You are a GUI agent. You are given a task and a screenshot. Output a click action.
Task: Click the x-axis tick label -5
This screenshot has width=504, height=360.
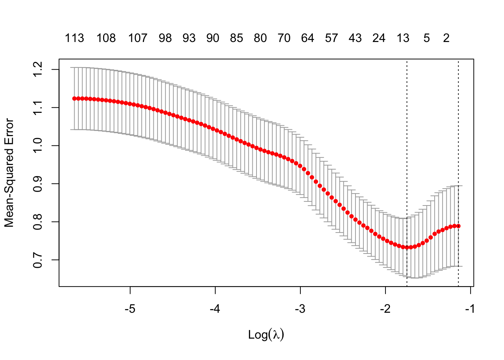click(x=130, y=309)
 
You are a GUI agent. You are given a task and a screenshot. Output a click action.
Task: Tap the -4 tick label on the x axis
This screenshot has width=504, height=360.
click(x=215, y=309)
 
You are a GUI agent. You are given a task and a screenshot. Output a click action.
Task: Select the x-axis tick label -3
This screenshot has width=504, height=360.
click(x=300, y=309)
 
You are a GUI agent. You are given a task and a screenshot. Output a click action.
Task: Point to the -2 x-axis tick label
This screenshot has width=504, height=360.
click(x=385, y=309)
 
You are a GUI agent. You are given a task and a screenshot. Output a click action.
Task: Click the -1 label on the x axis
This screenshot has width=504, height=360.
click(x=470, y=309)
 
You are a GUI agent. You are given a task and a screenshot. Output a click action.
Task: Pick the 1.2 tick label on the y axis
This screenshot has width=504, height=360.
click(x=38, y=70)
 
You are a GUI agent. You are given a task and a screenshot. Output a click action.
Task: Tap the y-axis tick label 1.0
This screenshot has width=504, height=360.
click(x=38, y=146)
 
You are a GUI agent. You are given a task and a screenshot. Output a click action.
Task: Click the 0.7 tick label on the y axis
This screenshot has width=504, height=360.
click(x=38, y=260)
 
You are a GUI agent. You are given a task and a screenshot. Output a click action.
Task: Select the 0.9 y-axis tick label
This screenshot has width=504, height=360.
click(x=38, y=184)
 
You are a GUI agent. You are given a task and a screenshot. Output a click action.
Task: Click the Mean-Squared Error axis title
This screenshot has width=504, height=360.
click(x=9, y=173)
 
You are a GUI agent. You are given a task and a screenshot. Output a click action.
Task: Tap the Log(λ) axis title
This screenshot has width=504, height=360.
click(x=266, y=334)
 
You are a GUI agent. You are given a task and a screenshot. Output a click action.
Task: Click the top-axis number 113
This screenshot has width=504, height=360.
click(x=74, y=38)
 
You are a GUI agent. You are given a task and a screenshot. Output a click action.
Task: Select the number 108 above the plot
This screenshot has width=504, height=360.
click(x=106, y=38)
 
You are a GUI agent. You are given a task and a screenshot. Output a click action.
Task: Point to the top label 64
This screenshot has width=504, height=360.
click(x=307, y=38)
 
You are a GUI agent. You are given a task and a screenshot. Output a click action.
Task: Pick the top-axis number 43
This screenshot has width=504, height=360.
click(x=355, y=38)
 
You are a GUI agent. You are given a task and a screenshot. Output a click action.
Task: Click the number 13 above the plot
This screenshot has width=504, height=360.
click(x=403, y=38)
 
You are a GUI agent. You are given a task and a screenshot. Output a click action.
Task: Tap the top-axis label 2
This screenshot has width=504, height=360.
click(x=446, y=38)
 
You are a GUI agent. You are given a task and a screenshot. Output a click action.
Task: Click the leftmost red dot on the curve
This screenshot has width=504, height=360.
click(x=74, y=99)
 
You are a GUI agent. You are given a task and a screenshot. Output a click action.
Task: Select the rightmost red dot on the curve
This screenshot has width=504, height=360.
click(x=458, y=226)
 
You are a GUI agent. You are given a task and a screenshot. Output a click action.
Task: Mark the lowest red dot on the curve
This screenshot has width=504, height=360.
click(x=407, y=247)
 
